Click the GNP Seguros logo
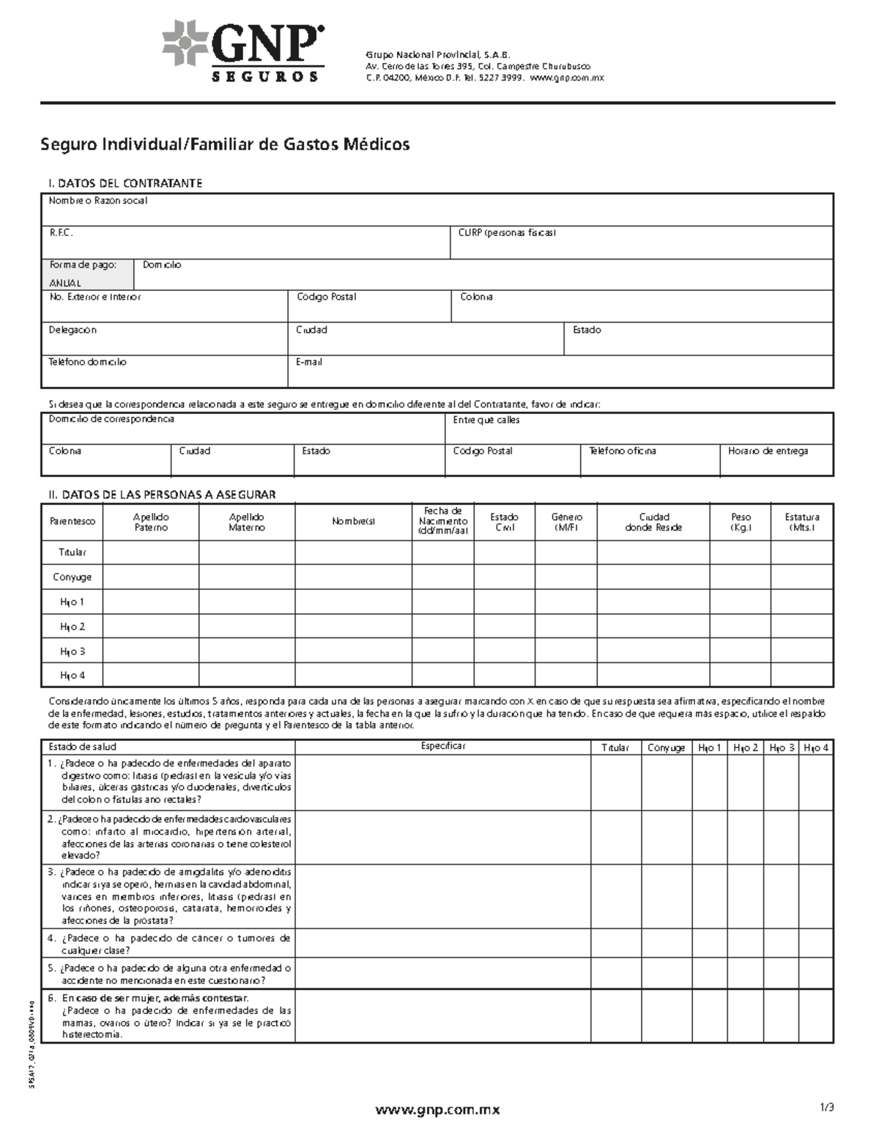tap(243, 52)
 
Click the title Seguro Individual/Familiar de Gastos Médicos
tap(224, 144)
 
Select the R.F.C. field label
tap(61, 233)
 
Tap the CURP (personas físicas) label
tap(507, 233)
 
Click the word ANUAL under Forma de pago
tap(65, 283)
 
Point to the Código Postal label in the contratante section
tap(326, 297)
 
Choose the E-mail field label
tap(309, 362)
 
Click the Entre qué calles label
tap(486, 420)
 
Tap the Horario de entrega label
tap(768, 451)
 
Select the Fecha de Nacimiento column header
tap(442, 521)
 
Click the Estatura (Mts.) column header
tap(801, 522)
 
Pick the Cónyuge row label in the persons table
tap(72, 577)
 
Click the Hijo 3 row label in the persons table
tap(72, 651)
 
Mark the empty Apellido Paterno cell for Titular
tap(152, 552)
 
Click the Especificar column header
tap(443, 746)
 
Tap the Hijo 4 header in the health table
tap(816, 747)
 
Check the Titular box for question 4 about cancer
tap(615, 943)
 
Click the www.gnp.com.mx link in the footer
tap(437, 1109)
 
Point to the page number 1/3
tap(827, 1108)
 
